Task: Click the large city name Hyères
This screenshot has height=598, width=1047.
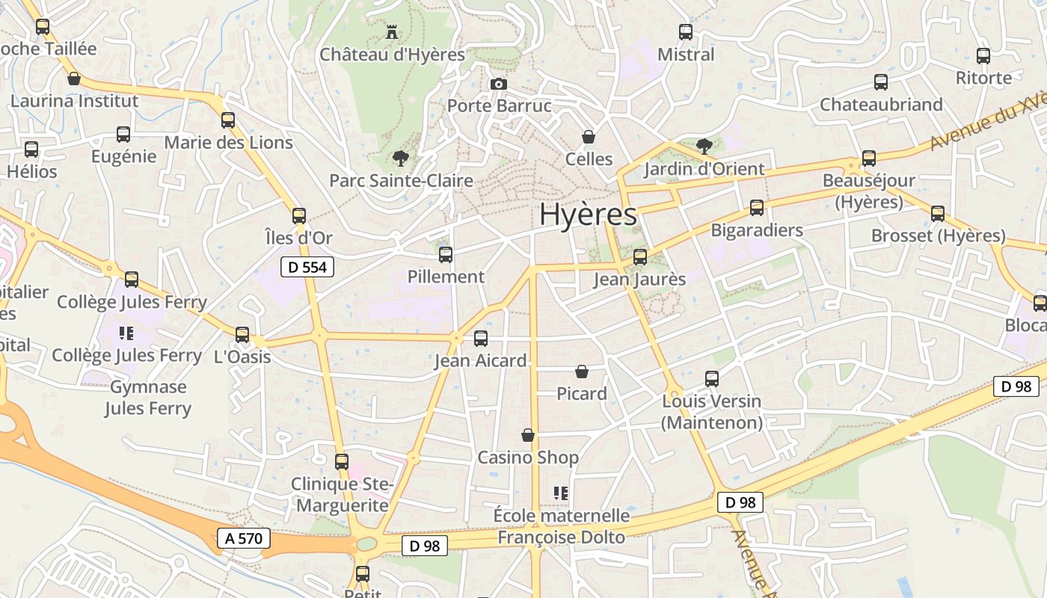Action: point(588,215)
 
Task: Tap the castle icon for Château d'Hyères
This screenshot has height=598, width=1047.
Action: point(391,32)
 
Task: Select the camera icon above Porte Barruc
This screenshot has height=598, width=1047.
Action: point(499,84)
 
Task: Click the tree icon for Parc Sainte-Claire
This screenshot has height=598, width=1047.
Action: point(401,158)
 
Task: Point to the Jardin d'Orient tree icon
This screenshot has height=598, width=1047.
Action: point(704,146)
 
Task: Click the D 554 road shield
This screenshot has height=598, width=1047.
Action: point(307,267)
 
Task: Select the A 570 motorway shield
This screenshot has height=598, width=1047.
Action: point(243,537)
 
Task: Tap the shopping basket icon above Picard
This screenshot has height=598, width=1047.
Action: point(582,372)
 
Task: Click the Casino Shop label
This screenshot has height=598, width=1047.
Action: point(528,457)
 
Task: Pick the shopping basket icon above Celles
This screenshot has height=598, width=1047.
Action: point(589,137)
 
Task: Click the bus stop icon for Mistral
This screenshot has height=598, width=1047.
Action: point(686,32)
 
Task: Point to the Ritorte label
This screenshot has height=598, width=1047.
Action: point(983,78)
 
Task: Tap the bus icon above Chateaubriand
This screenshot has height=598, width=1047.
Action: point(881,82)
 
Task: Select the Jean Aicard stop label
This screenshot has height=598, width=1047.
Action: point(481,361)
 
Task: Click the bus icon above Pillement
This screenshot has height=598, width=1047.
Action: point(446,255)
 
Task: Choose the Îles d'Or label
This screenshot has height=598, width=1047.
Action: point(298,238)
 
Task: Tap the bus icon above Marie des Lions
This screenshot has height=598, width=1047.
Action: point(228,120)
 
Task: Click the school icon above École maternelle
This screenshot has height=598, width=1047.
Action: point(561,493)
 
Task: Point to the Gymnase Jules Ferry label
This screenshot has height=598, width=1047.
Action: point(148,398)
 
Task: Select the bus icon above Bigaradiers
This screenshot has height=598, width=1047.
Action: point(757,208)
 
